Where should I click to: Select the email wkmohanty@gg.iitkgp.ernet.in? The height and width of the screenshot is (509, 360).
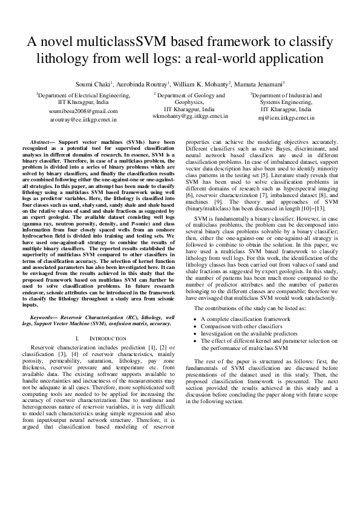coord(190,115)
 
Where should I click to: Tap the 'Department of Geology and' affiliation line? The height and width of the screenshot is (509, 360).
coord(190,96)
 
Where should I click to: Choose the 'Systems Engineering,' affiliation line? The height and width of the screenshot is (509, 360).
coord(286,103)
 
